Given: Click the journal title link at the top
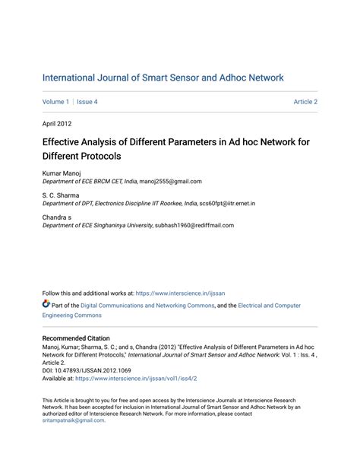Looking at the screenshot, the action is [x=163, y=78].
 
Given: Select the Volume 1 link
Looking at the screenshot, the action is [x=55, y=102].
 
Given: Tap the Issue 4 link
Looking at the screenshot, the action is [x=87, y=102].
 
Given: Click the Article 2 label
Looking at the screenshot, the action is [x=305, y=102].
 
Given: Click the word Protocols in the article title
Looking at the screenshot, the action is [x=100, y=155].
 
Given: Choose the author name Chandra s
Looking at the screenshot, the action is [x=58, y=217].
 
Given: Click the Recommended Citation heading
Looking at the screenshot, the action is [x=75, y=338].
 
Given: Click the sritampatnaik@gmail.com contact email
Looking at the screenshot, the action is [x=73, y=420].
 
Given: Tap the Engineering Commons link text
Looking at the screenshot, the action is [x=71, y=315].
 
